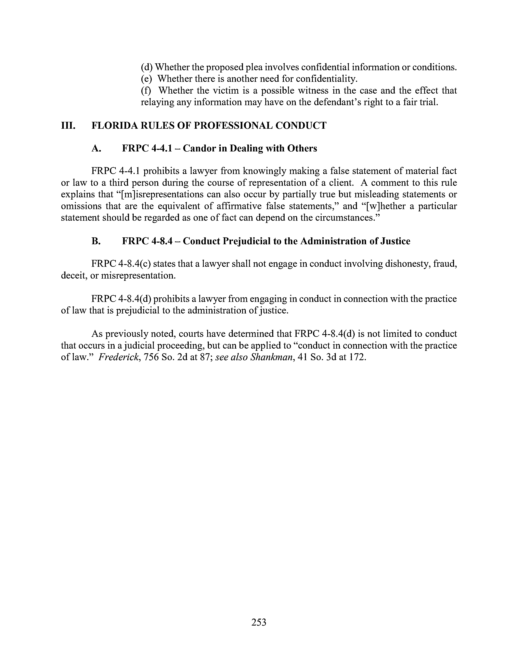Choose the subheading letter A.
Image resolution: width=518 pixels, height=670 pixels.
(x=96, y=148)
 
